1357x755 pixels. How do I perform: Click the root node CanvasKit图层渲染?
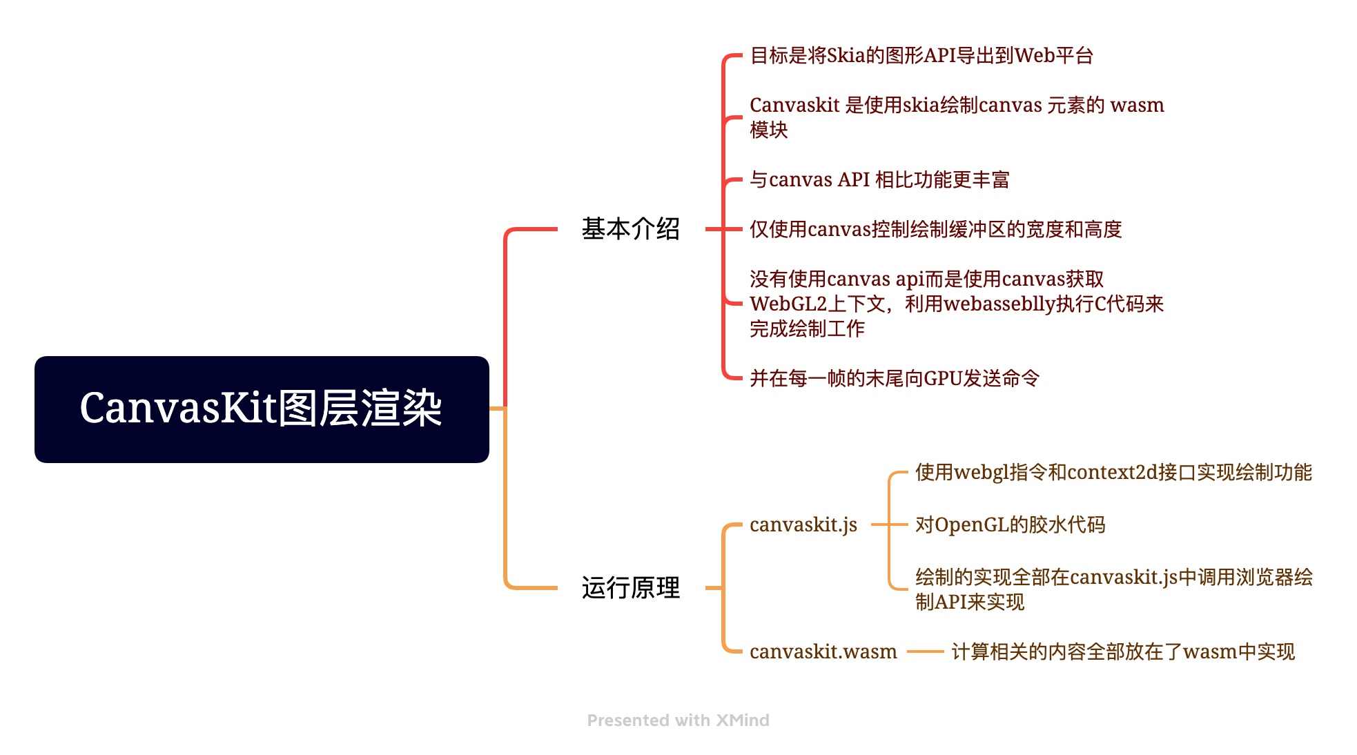click(262, 409)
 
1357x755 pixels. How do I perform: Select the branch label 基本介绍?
click(630, 229)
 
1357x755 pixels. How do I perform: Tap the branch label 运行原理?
click(630, 588)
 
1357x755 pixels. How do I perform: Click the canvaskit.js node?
click(803, 525)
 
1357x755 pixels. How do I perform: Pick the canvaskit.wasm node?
click(823, 651)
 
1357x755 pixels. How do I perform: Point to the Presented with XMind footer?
click(678, 720)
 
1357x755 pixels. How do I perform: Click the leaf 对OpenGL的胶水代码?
click(1010, 525)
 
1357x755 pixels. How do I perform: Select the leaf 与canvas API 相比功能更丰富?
click(879, 180)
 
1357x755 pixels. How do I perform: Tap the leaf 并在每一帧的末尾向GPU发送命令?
click(894, 378)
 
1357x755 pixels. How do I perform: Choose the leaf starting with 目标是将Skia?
click(921, 56)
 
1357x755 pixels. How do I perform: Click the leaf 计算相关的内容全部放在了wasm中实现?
click(1122, 651)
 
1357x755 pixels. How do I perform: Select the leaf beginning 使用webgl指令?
click(1113, 473)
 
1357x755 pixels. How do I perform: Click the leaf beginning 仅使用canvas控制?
click(935, 229)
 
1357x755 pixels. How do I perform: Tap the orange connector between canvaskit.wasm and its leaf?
click(925, 651)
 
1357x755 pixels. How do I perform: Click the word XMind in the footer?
click(742, 720)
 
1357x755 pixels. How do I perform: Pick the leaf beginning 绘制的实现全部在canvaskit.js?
click(1113, 589)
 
